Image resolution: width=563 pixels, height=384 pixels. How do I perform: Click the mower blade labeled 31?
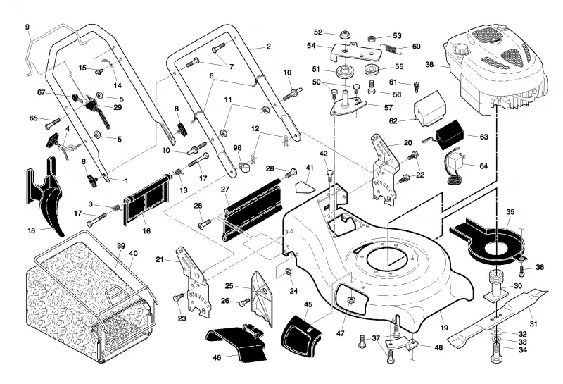(x=498, y=316)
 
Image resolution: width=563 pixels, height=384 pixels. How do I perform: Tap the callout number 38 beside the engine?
(x=429, y=65)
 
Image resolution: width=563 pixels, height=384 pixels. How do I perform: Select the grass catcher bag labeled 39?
(x=90, y=299)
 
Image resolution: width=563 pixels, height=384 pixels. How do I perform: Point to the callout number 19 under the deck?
(x=444, y=328)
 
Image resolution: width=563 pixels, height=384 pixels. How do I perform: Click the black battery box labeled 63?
(x=449, y=135)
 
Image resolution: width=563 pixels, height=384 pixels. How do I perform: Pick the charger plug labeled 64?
(x=454, y=168)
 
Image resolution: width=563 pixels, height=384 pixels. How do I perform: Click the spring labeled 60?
(x=389, y=48)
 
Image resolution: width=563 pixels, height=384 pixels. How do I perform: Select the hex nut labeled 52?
(x=345, y=35)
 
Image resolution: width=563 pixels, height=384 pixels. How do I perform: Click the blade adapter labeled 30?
(x=497, y=287)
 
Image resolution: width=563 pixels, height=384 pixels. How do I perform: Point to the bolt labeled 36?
(x=523, y=271)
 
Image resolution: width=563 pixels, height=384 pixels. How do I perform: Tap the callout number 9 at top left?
(x=27, y=27)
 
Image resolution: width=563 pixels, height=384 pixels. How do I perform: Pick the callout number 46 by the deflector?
(x=217, y=358)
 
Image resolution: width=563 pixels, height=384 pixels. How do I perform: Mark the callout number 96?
(x=237, y=148)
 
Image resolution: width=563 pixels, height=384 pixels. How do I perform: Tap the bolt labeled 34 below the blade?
(x=495, y=352)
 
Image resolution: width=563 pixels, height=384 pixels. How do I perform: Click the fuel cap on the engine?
(x=459, y=49)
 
